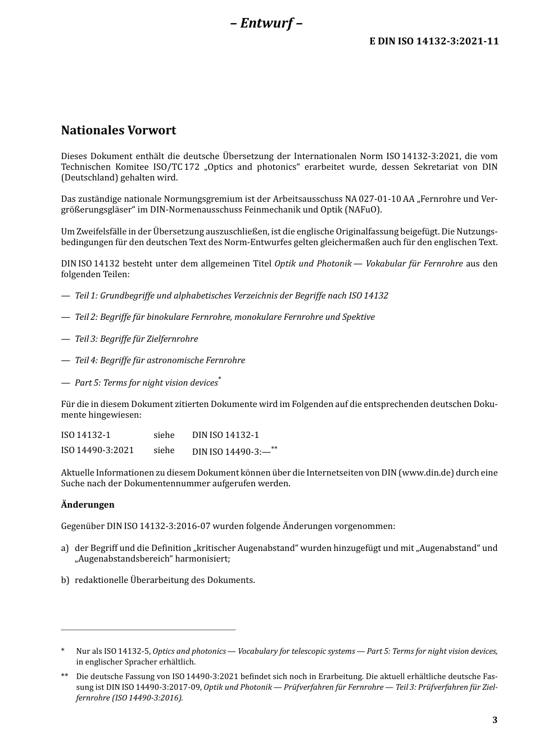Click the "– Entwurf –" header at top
[x=266, y=23]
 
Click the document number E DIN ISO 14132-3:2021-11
[x=434, y=41]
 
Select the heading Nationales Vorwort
[x=119, y=130]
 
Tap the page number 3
[x=495, y=720]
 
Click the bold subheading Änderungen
[x=88, y=504]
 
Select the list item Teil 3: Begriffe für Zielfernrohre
[x=136, y=338]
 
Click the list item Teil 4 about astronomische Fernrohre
[x=160, y=360]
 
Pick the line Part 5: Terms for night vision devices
[x=146, y=382]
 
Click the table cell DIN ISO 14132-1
[x=225, y=435]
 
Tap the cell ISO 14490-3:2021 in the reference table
[x=97, y=450]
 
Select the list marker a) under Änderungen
[x=65, y=548]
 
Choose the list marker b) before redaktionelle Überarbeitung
[x=65, y=580]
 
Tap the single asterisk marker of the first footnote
[x=63, y=651]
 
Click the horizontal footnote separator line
[x=148, y=630]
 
